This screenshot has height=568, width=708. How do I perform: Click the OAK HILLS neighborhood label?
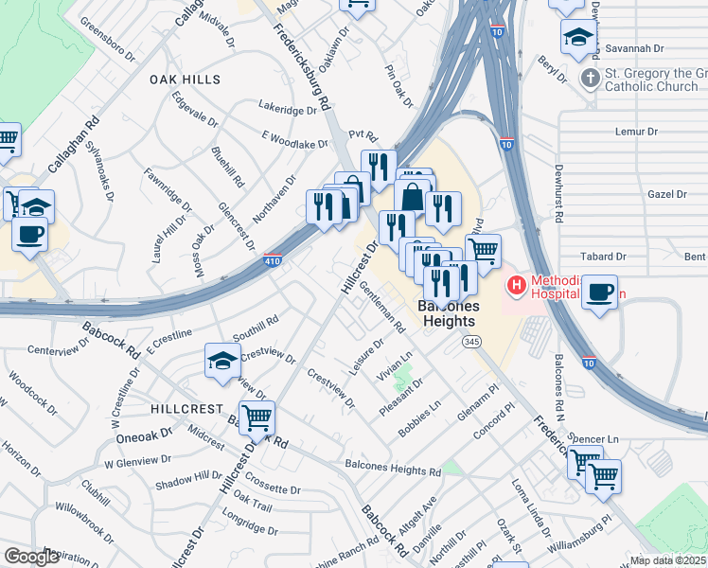click(185, 80)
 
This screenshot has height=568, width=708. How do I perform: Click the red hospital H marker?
click(517, 283)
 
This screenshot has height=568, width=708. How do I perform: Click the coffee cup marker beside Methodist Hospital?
click(599, 292)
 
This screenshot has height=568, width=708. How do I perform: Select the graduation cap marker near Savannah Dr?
click(575, 37)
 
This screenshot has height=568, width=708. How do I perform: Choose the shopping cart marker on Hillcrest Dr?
click(257, 416)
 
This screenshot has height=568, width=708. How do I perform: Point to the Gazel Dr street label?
click(668, 194)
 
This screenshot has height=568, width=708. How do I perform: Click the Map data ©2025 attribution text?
click(667, 560)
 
